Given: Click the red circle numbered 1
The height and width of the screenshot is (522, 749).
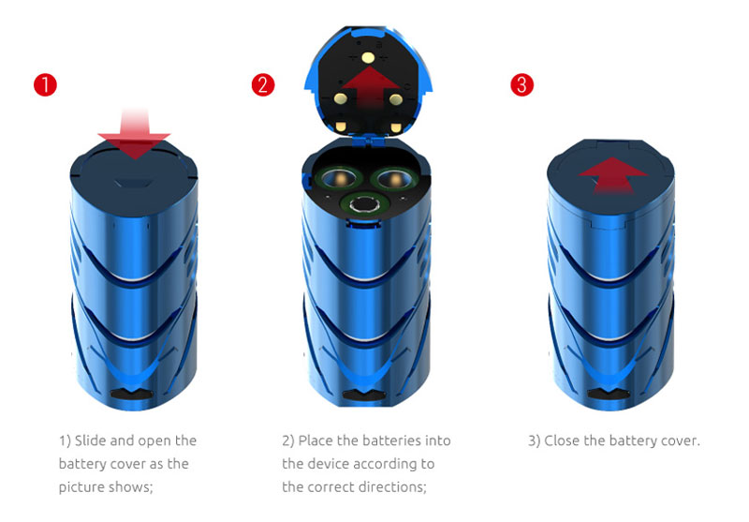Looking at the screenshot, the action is tap(45, 85).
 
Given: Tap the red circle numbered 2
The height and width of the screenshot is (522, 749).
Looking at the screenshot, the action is tap(263, 85).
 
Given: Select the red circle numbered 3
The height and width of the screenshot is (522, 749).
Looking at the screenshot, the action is tap(521, 85).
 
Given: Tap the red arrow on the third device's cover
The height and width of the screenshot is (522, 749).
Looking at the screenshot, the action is tap(613, 175).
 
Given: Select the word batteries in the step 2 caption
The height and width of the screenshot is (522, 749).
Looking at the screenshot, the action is tap(392, 440).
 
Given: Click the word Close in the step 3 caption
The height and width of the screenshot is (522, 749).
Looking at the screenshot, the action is tap(562, 440).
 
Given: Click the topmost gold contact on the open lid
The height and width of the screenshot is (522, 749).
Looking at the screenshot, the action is tap(368, 58).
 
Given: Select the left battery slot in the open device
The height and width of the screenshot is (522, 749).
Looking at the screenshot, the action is tap(340, 179).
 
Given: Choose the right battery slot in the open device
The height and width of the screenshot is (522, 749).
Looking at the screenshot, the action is tap(395, 179).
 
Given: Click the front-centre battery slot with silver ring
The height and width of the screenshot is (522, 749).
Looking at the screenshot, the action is tap(366, 204).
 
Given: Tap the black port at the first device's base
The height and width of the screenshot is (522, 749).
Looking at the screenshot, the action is tap(131, 395).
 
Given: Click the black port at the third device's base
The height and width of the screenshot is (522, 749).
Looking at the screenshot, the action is tap(607, 395).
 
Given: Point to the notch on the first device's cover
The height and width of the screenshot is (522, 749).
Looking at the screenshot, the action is tap(134, 184).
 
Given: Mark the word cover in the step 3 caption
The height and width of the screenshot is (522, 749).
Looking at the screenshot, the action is tap(680, 440).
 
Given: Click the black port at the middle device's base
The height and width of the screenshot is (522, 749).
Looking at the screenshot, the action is tap(364, 395).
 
